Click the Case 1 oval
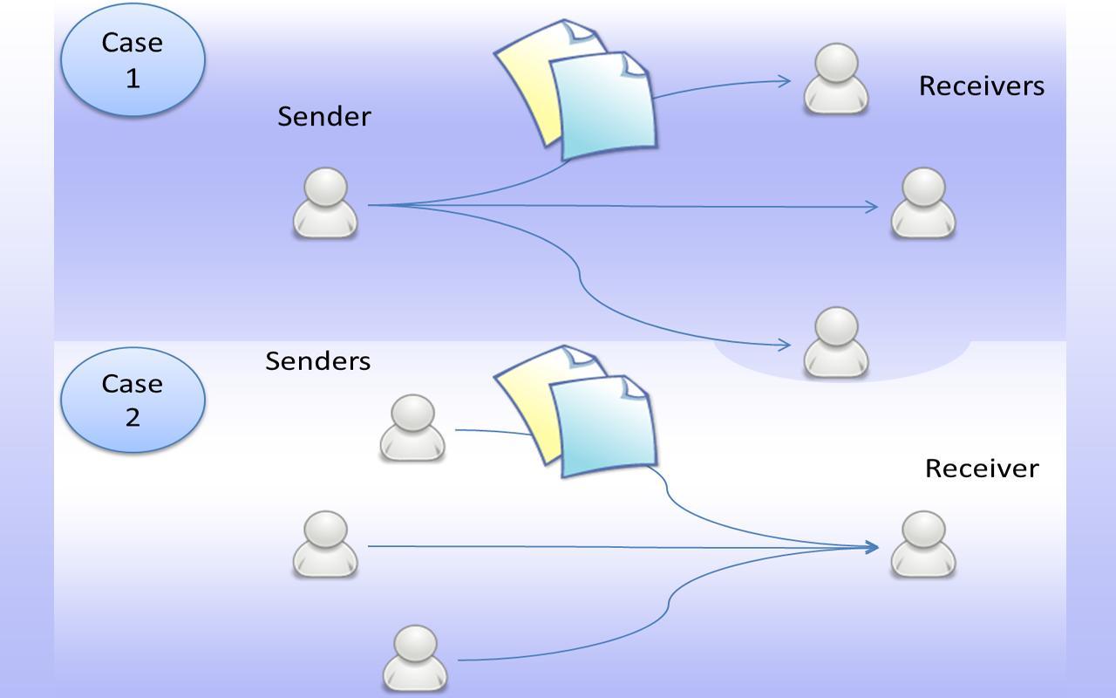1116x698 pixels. (x=133, y=60)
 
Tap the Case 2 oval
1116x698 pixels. (x=133, y=400)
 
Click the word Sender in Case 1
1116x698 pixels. (x=324, y=116)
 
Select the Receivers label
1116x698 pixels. (x=981, y=86)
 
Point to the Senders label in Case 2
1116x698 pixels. (x=317, y=360)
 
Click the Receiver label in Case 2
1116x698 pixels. (x=982, y=469)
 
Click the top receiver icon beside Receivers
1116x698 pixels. (x=835, y=79)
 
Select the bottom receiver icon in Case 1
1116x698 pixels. (x=835, y=342)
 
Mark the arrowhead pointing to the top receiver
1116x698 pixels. (x=785, y=81)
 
